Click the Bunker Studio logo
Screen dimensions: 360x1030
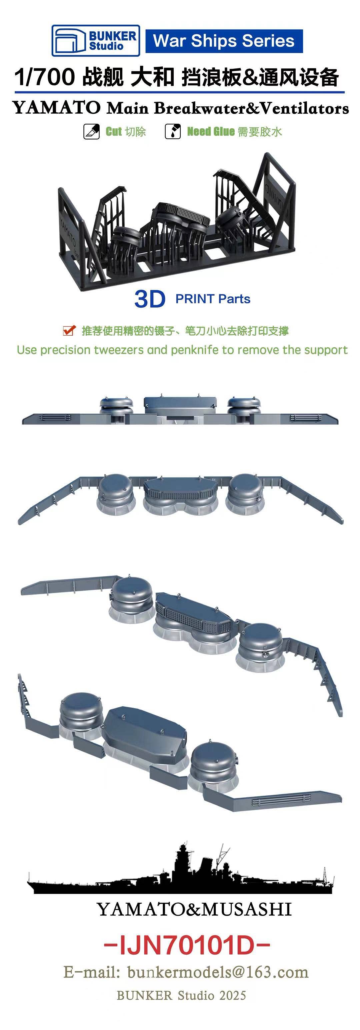tap(96, 40)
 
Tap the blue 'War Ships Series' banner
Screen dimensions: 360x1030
tap(224, 41)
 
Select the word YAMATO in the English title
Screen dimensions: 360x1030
tap(57, 108)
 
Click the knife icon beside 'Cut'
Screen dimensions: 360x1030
tap(91, 132)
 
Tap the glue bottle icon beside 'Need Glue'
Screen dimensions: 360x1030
tap(173, 132)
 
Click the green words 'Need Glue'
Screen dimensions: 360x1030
tap(211, 132)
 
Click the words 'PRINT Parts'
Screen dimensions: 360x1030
tap(213, 299)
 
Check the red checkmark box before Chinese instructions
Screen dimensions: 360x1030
tap(69, 330)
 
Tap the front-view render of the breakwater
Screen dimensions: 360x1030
tap(180, 409)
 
